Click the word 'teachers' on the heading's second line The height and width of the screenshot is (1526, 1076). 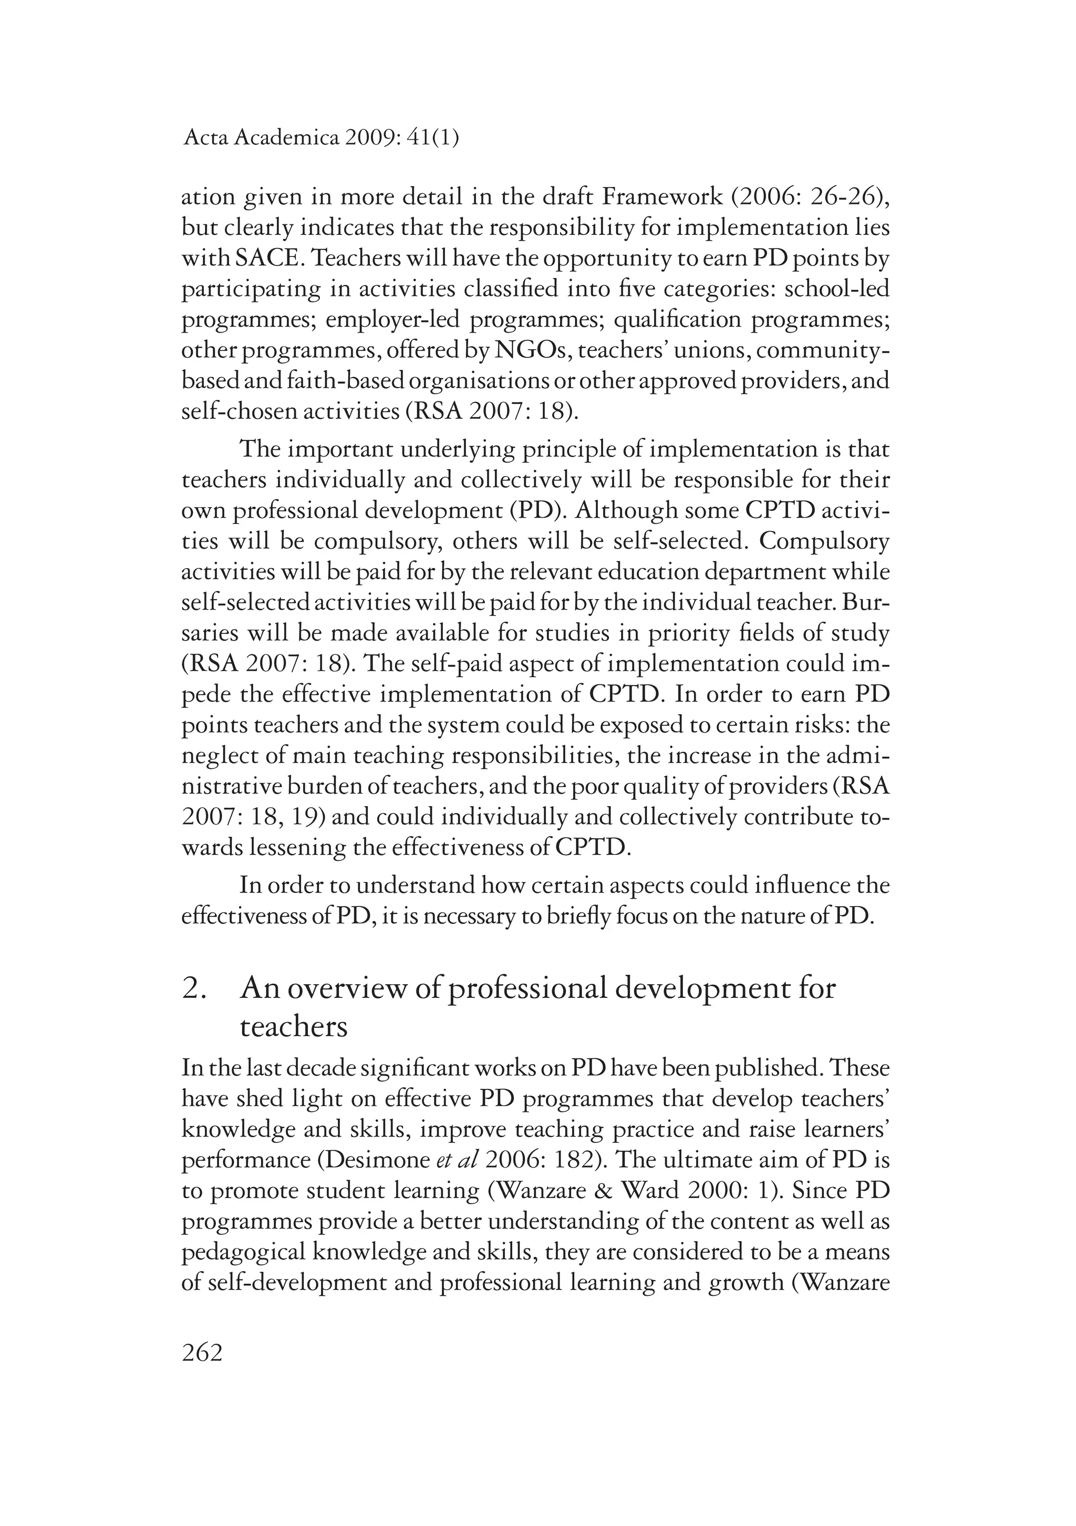[x=293, y=1027]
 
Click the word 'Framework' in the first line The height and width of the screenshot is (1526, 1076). [x=661, y=198]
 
